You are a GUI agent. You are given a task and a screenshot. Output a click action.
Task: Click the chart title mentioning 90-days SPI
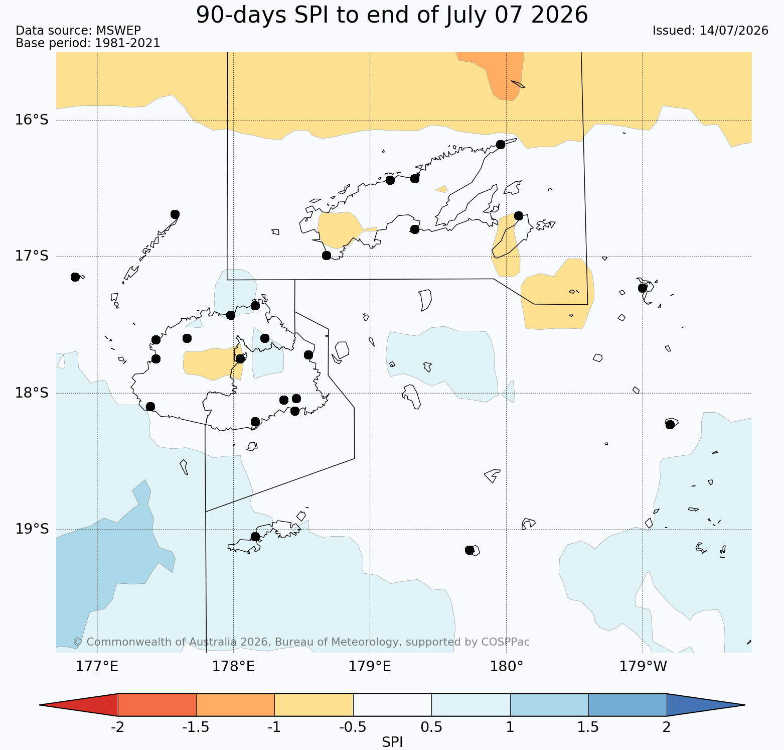point(392,15)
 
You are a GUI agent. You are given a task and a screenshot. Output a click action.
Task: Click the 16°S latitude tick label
point(32,120)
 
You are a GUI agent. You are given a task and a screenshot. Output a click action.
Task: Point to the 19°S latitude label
point(32,529)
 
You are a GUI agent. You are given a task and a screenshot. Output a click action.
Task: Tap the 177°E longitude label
point(97,667)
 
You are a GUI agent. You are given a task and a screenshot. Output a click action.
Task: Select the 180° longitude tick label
point(506,667)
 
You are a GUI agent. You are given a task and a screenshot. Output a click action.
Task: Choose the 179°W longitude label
point(643,667)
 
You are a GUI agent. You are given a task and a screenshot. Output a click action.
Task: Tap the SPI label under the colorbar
point(392,742)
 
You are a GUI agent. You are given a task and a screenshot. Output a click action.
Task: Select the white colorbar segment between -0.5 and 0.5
point(392,705)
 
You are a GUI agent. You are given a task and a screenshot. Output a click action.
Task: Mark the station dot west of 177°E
point(75,277)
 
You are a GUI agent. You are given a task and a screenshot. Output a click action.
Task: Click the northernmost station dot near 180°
point(500,145)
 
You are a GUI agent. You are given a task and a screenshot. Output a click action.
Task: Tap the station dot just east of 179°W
point(670,424)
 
